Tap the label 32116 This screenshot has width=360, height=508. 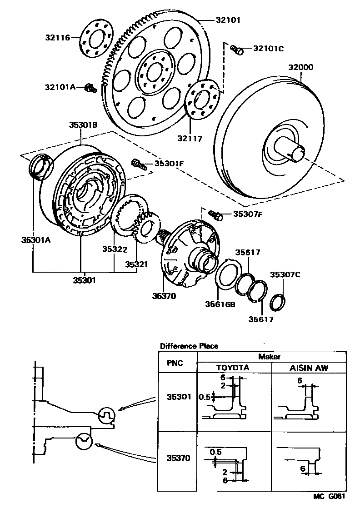pyautogui.click(x=58, y=38)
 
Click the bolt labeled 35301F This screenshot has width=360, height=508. pyautogui.click(x=139, y=164)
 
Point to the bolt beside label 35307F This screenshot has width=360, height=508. pyautogui.click(x=215, y=214)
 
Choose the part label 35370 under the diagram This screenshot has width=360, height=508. pyautogui.click(x=164, y=296)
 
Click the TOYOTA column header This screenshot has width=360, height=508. pyautogui.click(x=233, y=368)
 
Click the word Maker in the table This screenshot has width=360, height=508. pyautogui.click(x=270, y=357)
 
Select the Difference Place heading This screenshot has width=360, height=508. pyautogui.click(x=189, y=346)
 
